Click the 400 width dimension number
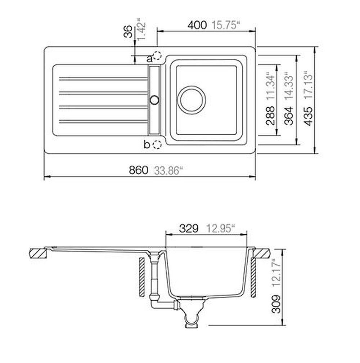197,25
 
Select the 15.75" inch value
225,25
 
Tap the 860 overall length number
138,170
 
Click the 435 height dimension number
308,116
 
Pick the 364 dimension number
288,116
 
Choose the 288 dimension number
270,116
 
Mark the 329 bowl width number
189,228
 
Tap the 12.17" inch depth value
276,273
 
